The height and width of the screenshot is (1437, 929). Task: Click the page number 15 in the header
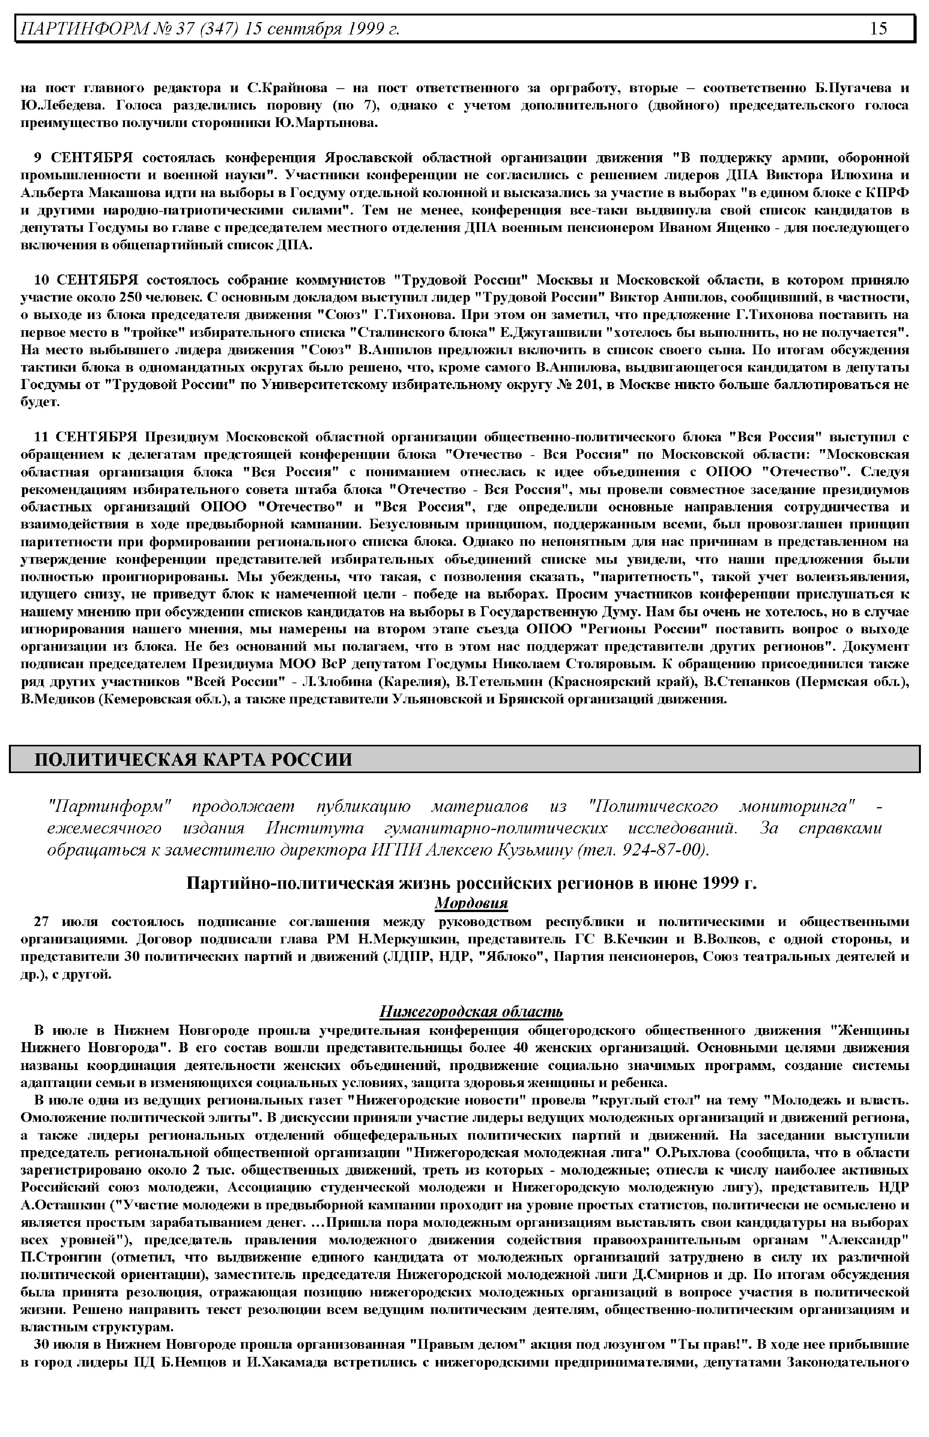click(878, 28)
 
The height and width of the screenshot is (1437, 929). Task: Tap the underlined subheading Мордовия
click(471, 903)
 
